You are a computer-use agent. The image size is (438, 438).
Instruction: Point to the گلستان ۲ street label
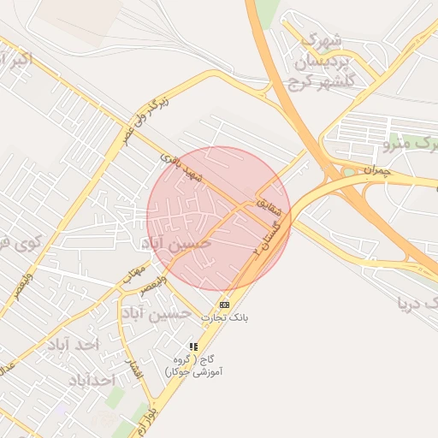pos(264,239)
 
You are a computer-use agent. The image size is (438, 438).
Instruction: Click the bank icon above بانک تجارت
pos(224,305)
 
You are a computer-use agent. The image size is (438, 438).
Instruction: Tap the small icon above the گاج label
pos(193,346)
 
